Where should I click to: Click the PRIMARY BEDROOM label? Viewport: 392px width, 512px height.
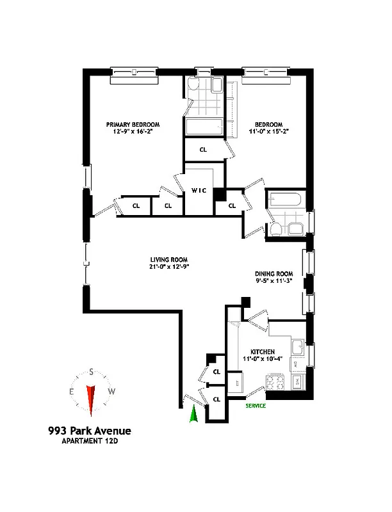click(x=133, y=124)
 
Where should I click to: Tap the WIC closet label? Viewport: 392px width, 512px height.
click(x=198, y=191)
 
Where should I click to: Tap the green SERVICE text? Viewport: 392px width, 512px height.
click(x=256, y=406)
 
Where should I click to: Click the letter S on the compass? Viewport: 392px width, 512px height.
click(x=92, y=372)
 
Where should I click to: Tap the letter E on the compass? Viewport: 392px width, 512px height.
click(x=72, y=392)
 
